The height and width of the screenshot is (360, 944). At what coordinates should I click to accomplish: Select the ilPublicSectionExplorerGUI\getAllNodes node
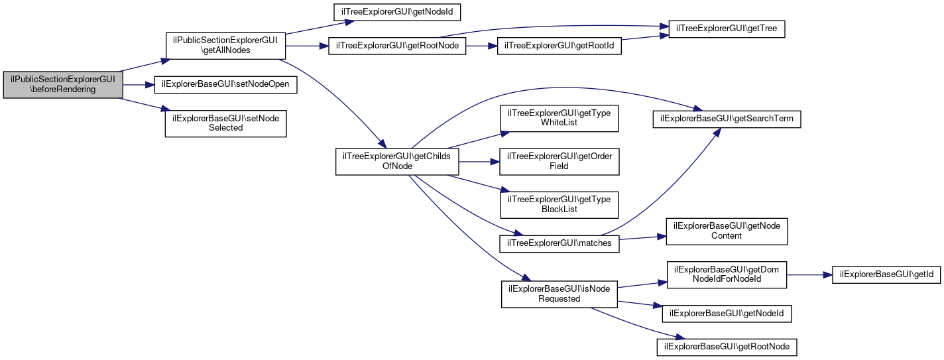225,46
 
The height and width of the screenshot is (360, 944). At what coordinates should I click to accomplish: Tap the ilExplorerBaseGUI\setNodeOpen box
225,85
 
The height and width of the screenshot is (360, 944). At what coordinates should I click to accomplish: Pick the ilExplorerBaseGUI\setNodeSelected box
225,123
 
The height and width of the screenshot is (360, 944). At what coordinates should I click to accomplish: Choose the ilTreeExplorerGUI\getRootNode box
397,46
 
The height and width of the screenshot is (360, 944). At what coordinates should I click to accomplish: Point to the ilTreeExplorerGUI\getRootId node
560,46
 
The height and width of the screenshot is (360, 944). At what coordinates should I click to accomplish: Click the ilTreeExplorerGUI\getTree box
727,29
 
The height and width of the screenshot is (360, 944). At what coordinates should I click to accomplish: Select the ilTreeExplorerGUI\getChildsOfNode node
396,161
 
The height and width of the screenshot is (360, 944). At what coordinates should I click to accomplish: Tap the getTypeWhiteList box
560,119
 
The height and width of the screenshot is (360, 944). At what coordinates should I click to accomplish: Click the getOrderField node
560,161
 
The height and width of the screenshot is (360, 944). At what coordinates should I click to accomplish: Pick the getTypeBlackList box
560,204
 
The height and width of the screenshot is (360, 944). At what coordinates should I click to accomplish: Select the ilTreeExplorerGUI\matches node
560,243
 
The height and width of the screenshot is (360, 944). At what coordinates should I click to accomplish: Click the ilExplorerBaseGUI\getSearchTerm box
727,119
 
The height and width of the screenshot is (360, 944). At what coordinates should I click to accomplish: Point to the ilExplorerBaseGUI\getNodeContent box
727,231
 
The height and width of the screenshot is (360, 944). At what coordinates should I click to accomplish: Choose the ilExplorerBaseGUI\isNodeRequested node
560,294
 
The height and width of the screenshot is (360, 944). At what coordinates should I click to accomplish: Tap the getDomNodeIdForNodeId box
727,274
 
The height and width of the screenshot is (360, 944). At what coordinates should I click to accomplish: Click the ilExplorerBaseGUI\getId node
886,274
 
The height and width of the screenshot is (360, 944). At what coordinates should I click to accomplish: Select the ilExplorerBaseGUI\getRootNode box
727,346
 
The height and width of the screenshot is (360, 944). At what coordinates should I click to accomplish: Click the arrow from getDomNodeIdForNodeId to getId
809,274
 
